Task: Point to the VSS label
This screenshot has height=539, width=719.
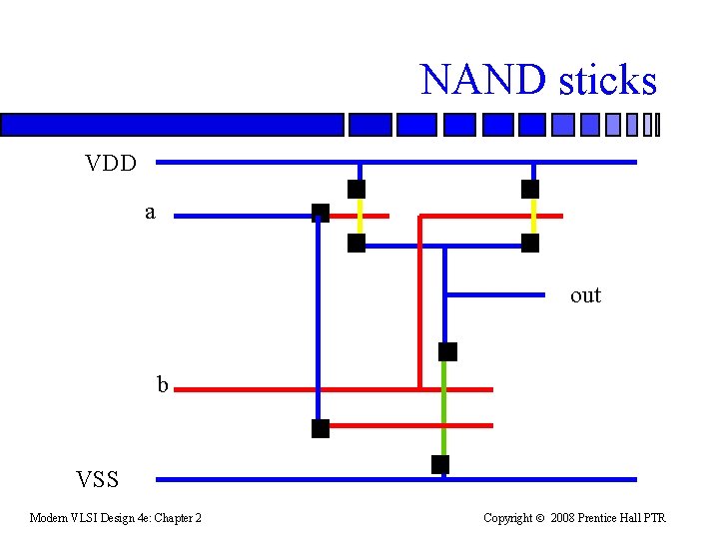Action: tap(98, 480)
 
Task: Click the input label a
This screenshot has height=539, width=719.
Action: tap(150, 212)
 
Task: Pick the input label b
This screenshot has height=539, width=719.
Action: tap(162, 385)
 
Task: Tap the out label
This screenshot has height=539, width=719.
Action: tap(585, 295)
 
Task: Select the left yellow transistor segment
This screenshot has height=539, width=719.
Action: tap(358, 216)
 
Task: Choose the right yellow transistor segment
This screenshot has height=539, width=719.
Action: tap(532, 216)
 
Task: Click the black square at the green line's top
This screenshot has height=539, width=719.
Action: tap(447, 351)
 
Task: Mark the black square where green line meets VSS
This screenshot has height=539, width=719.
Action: tap(440, 464)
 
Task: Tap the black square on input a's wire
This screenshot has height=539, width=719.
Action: tap(320, 212)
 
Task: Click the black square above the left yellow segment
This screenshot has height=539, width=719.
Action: tap(357, 189)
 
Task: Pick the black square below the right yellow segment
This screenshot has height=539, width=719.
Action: tap(530, 243)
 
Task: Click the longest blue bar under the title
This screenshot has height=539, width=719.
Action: tap(172, 125)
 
